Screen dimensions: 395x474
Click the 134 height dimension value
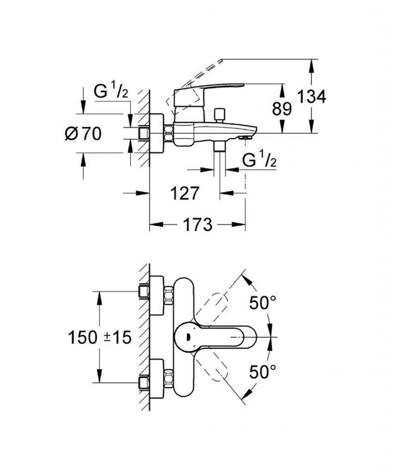tap(312, 97)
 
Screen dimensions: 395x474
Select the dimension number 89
tap(282, 108)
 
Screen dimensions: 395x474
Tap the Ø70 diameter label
tap(83, 133)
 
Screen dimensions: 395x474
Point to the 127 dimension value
tap(185, 193)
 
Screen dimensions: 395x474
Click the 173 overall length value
tap(197, 225)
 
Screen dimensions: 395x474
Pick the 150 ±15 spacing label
tap(100, 337)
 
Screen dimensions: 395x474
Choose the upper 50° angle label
tap(263, 302)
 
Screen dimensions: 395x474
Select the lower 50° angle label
tap(263, 372)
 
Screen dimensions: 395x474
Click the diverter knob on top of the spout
tap(219, 114)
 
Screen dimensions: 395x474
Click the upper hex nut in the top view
tap(169, 295)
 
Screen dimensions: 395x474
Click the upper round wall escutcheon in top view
tap(157, 295)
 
